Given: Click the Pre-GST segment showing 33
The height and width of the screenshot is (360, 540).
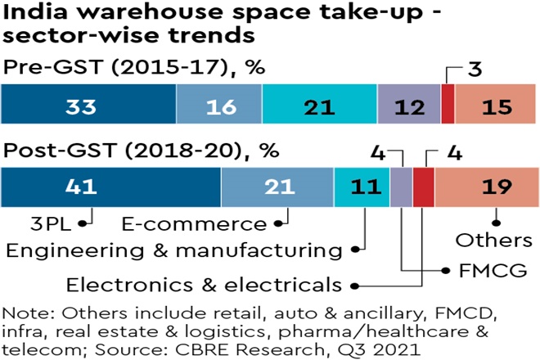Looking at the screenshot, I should click(x=88, y=106).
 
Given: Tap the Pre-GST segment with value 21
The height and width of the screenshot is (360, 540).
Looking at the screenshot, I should click(x=320, y=106).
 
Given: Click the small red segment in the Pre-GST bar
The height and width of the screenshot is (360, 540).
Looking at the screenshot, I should click(x=448, y=106).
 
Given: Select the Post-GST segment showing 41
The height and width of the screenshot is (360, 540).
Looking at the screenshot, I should click(x=110, y=187).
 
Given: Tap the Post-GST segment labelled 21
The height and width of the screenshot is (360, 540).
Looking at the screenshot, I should click(x=277, y=187).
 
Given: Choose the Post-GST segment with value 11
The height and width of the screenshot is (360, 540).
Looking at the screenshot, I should click(x=362, y=187).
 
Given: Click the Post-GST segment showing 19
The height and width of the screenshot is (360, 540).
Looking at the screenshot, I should click(x=486, y=187).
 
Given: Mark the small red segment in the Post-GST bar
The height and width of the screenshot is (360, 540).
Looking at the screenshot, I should click(x=423, y=187).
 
